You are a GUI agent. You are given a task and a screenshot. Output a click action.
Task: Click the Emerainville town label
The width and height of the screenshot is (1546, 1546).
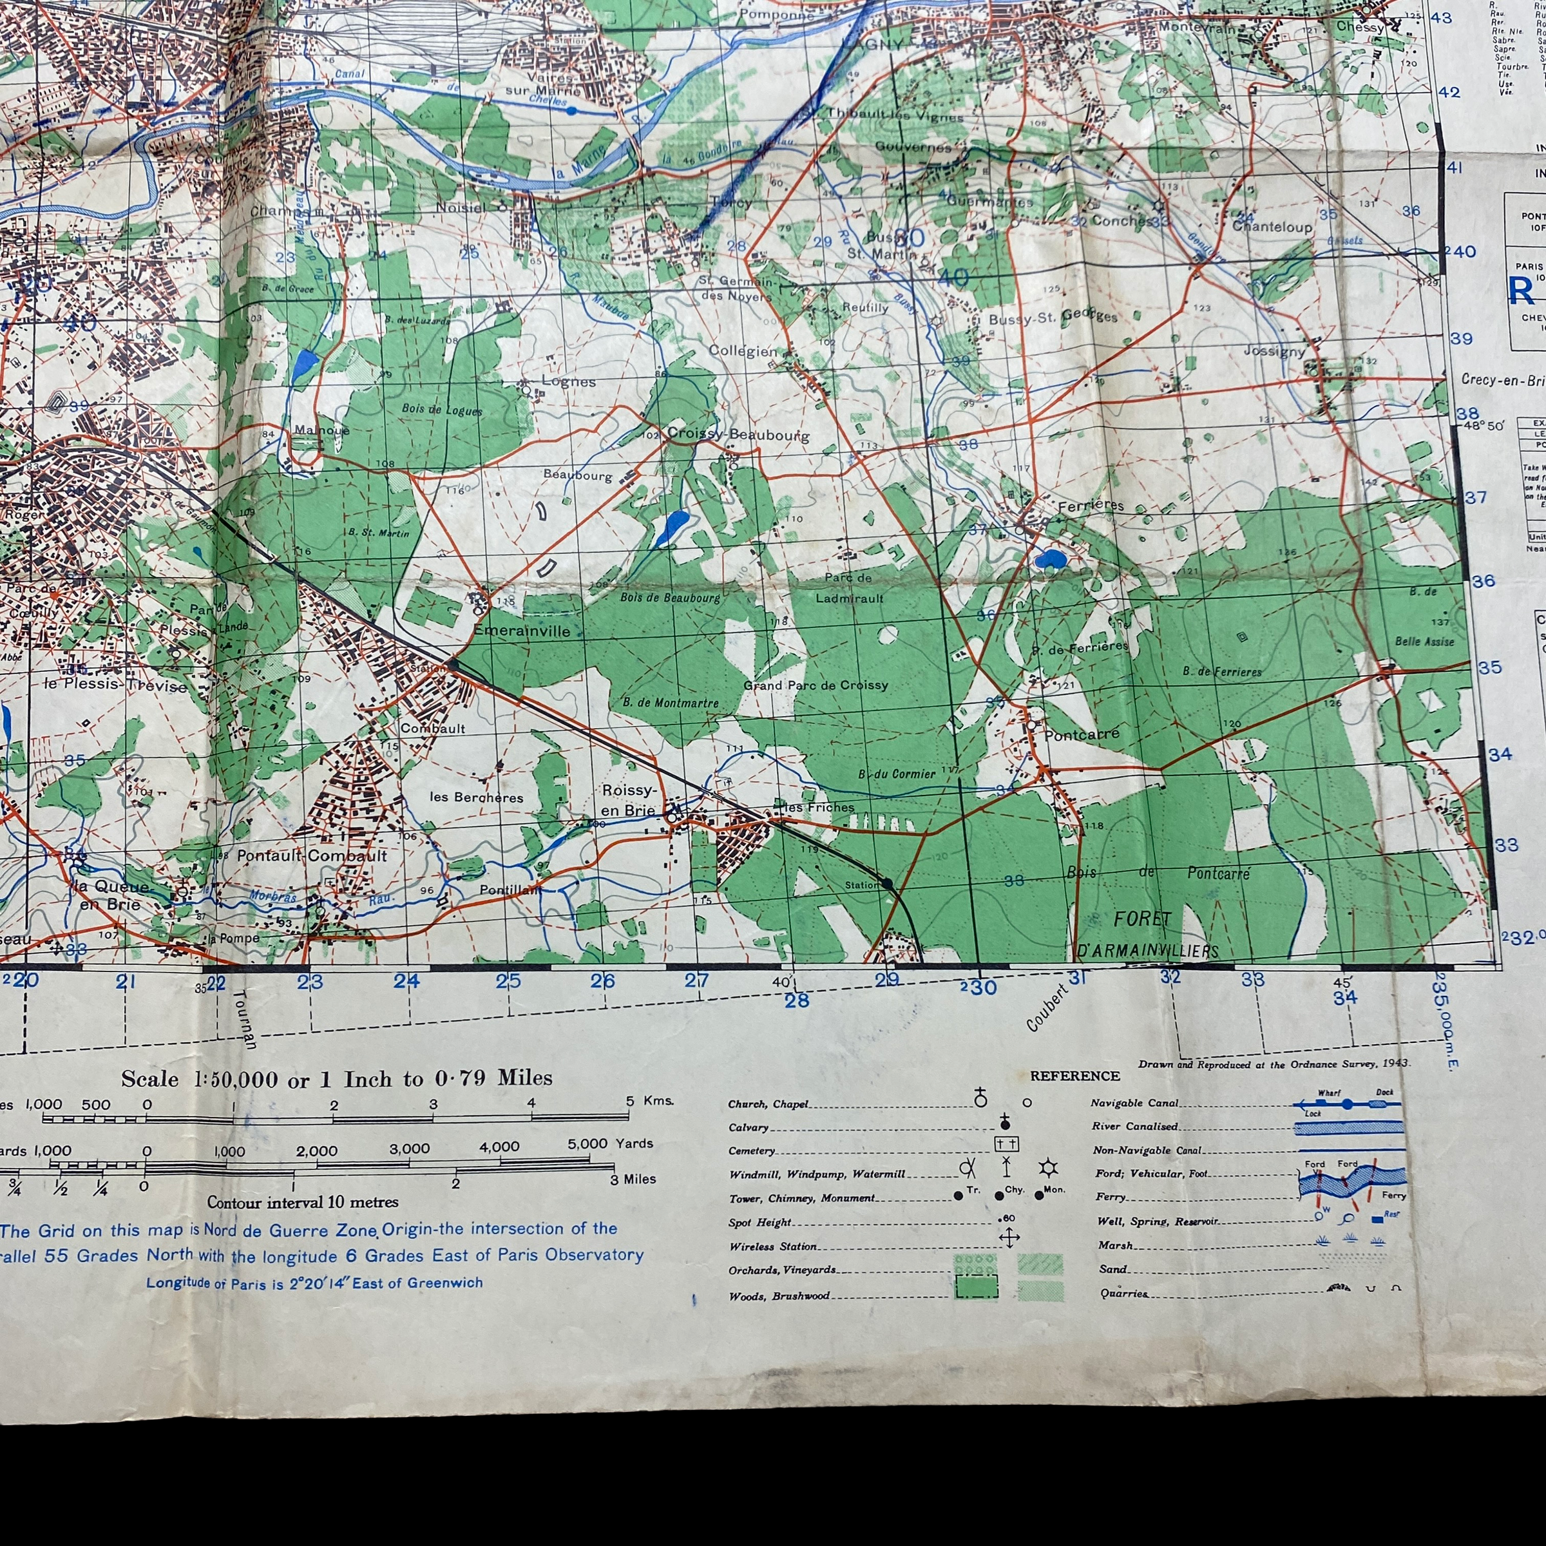[x=522, y=631]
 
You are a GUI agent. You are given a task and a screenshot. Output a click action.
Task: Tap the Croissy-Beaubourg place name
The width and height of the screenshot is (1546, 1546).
[x=738, y=435]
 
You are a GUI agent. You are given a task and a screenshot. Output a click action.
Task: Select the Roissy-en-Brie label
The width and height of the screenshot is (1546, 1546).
[x=628, y=800]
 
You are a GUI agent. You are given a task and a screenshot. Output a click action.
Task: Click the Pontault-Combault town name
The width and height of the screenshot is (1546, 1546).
[x=311, y=855]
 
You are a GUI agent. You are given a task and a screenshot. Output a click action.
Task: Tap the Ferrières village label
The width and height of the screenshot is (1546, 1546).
[x=1090, y=506]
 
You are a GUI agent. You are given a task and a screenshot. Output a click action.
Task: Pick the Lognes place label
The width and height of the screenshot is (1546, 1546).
[x=568, y=382]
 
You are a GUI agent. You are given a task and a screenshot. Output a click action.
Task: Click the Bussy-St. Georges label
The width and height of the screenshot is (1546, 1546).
[x=1053, y=318]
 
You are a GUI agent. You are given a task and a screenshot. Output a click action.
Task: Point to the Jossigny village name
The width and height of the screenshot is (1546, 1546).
[x=1274, y=350]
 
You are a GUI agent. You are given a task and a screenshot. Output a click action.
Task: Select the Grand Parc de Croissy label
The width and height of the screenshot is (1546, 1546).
[x=816, y=686]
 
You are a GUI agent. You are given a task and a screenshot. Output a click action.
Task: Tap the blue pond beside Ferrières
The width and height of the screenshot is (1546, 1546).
[x=1048, y=558]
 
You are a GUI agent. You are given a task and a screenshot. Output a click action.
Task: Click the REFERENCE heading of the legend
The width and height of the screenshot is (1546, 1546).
[x=1074, y=1076]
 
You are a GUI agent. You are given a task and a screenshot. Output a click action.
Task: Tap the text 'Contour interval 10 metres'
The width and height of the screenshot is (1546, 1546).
[x=303, y=1202]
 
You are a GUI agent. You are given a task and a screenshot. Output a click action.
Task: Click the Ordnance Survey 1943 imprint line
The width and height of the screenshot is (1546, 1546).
[x=1274, y=1064]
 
